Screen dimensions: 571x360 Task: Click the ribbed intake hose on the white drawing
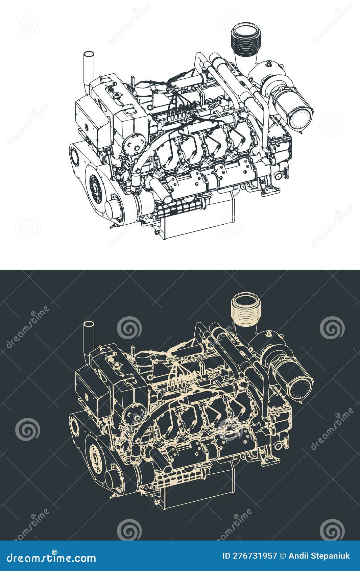tap(246, 40)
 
